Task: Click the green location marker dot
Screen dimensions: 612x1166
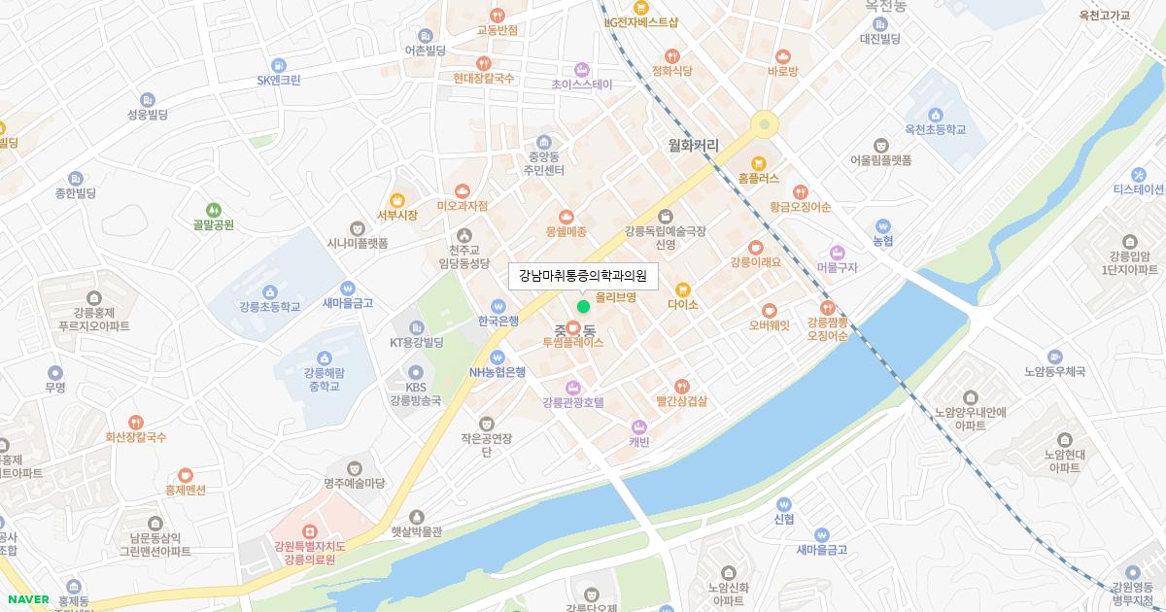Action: pos(583,306)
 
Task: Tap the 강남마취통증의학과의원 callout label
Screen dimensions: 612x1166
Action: pos(583,276)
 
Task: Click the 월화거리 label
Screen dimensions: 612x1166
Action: pos(693,145)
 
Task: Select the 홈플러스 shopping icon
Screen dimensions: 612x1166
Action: pos(759,162)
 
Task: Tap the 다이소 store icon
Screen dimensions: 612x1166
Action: pos(682,289)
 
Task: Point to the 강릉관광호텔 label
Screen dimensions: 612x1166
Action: pos(573,402)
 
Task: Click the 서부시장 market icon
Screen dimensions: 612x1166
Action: pos(396,199)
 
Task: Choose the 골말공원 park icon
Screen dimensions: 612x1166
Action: pos(213,209)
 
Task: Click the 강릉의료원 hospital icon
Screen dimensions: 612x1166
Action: pos(309,531)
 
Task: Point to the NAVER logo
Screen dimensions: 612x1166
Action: pos(26,599)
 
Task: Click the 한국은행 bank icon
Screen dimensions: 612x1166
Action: pos(497,305)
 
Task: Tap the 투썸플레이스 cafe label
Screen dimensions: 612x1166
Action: pos(573,343)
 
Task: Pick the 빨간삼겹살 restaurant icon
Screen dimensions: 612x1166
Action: pos(681,386)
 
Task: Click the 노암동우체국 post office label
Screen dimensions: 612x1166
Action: pos(1054,371)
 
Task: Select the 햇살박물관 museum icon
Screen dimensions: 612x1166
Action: pos(417,517)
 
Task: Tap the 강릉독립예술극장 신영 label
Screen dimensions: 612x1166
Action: pos(665,238)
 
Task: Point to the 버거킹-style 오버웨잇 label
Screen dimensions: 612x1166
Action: pos(769,325)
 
